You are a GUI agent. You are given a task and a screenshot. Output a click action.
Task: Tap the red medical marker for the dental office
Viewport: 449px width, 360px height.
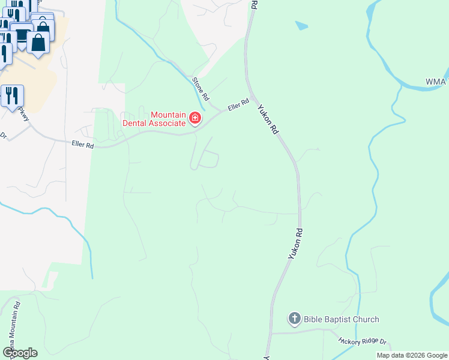(194, 118)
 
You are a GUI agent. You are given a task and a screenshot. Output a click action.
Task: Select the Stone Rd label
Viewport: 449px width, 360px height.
(201, 88)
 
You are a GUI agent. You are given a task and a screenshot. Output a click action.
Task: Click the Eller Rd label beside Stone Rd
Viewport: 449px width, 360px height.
(238, 105)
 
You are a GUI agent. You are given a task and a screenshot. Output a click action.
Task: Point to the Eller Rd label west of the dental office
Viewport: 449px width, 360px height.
(83, 145)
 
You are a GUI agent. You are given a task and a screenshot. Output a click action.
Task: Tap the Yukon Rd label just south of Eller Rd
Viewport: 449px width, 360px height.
(268, 118)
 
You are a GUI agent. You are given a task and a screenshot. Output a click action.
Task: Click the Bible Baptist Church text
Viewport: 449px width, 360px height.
(342, 319)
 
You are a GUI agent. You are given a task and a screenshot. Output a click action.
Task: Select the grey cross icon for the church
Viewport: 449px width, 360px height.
(294, 319)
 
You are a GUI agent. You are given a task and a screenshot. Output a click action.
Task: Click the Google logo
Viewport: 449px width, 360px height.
(20, 352)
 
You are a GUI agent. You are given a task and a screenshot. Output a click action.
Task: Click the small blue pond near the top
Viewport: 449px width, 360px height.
(301, 26)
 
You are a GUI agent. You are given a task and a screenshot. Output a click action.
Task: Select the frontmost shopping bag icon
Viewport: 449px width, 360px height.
(38, 43)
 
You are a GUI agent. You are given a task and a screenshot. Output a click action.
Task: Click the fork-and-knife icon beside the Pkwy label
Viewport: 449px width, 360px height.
(11, 95)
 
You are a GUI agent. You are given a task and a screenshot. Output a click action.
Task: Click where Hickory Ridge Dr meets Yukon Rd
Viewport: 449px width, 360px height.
(271, 331)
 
